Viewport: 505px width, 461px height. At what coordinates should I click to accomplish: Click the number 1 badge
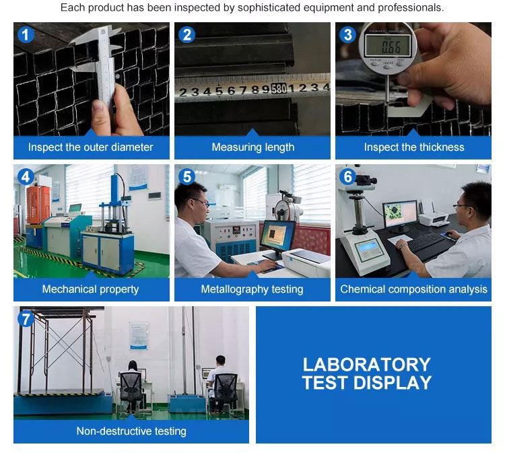26,35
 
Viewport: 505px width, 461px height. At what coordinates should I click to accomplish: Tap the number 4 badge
26,177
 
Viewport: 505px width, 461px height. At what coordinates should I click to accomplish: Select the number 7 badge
26,319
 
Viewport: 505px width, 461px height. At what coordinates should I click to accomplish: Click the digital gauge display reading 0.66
388,45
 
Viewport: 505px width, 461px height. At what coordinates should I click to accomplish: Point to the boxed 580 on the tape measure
278,88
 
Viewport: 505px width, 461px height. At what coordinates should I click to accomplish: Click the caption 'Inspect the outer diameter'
90,147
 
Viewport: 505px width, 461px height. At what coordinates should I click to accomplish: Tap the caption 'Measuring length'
252,147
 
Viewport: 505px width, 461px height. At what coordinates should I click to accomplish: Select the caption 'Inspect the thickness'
414,147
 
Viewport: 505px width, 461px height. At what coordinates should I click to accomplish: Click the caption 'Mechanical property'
90,289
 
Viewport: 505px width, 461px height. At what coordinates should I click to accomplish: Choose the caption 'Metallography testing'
252,289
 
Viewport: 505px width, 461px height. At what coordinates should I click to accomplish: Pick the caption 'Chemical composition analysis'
413,289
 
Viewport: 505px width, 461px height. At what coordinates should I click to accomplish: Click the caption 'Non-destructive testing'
131,431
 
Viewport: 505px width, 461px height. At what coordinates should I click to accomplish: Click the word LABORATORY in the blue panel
366,365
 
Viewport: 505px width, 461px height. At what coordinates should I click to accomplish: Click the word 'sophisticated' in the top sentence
269,7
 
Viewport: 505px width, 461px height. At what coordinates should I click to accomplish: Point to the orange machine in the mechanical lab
38,205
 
